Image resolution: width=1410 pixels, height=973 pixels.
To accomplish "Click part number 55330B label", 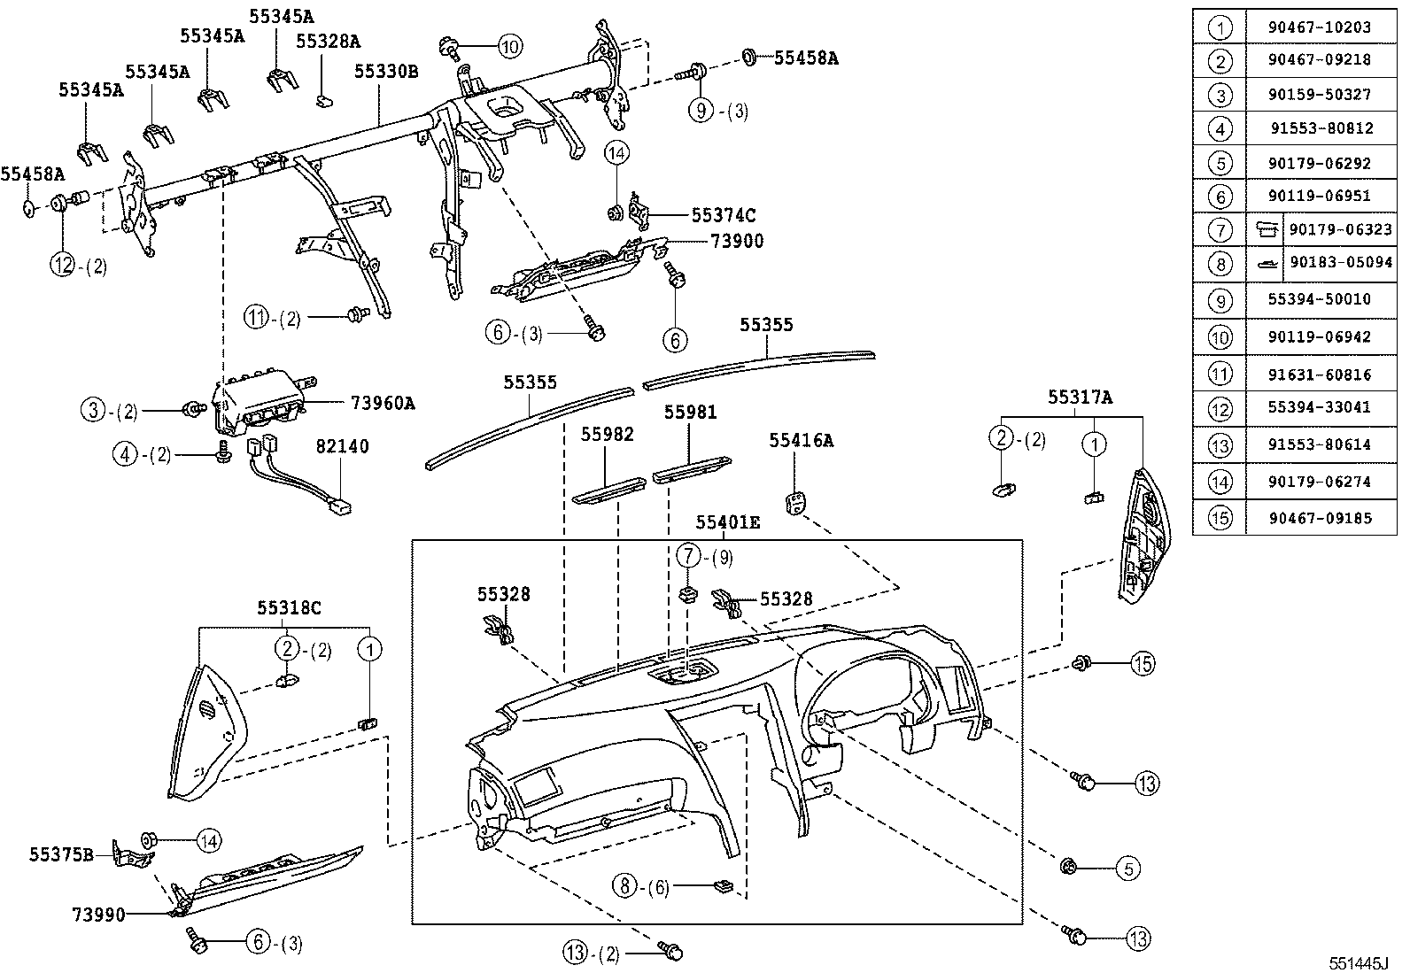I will (386, 72).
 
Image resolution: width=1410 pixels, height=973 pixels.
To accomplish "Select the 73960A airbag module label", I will (383, 404).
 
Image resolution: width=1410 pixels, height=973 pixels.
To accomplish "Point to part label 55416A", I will (801, 440).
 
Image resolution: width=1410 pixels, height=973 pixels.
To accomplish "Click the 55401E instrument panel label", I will (728, 523).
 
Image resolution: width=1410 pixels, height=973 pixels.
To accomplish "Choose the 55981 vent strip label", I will (691, 413).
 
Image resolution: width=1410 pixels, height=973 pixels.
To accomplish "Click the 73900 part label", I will (736, 241).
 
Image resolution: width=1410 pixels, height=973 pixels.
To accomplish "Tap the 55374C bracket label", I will (724, 215).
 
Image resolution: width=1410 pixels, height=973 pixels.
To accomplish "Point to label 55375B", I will (61, 853).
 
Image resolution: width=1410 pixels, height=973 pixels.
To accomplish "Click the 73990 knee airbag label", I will (98, 913).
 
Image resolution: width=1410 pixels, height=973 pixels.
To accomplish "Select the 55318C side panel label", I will (289, 608).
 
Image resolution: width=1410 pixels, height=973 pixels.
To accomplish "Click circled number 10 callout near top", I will (509, 46).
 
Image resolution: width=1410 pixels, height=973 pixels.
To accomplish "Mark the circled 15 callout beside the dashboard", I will (1143, 663).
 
